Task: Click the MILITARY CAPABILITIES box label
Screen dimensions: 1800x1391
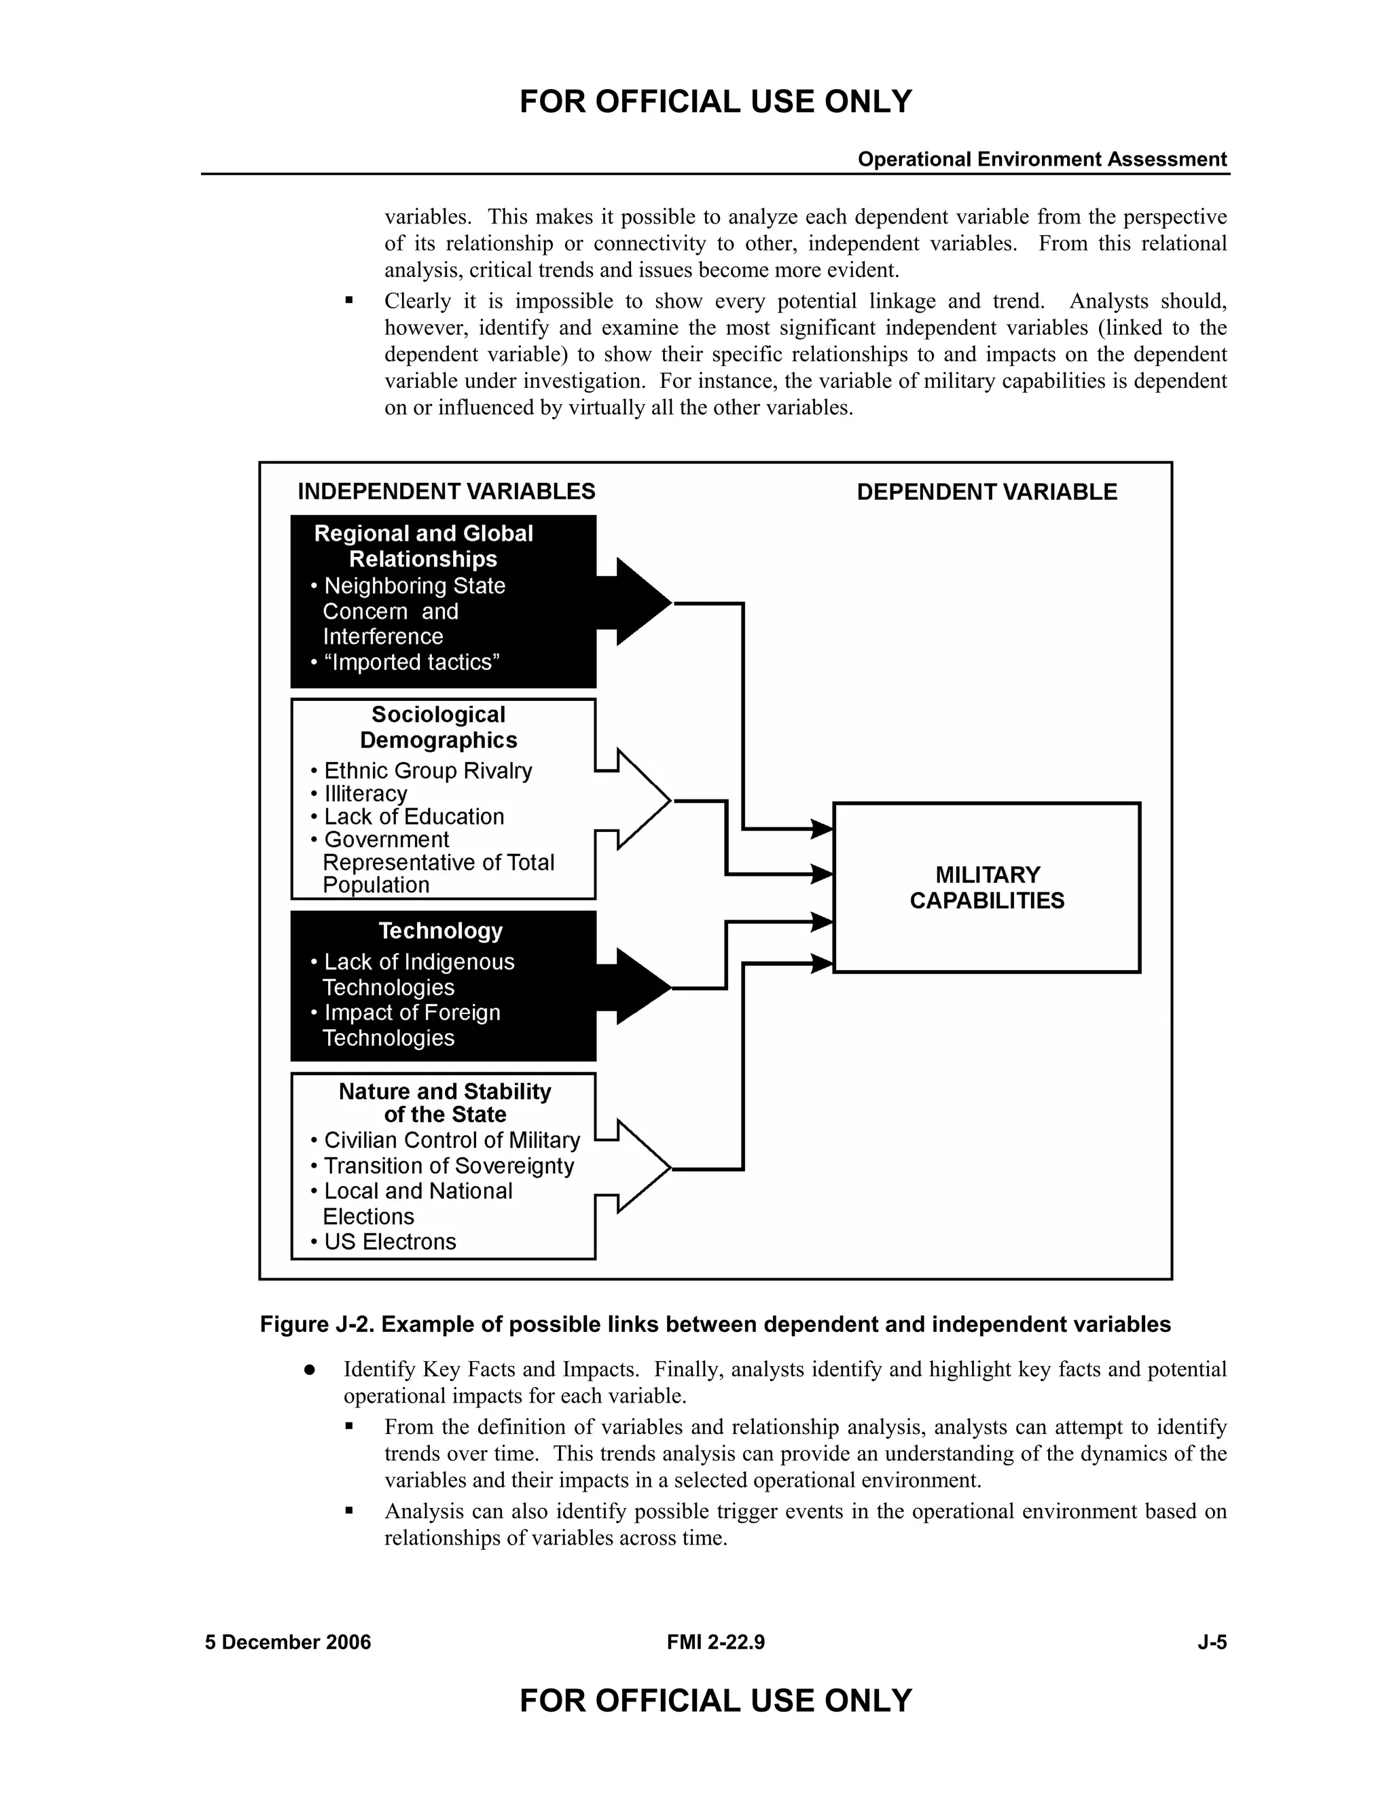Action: coord(986,888)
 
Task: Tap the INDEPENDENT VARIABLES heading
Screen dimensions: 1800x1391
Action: coord(446,491)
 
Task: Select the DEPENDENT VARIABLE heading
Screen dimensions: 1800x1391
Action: coord(986,492)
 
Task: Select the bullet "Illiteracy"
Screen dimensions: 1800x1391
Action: coord(365,793)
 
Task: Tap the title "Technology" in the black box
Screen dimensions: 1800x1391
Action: coord(440,931)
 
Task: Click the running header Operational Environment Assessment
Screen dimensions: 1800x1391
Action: coord(1042,159)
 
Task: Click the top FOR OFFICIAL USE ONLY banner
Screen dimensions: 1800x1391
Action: coord(715,101)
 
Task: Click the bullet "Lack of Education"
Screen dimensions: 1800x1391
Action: coord(413,816)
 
